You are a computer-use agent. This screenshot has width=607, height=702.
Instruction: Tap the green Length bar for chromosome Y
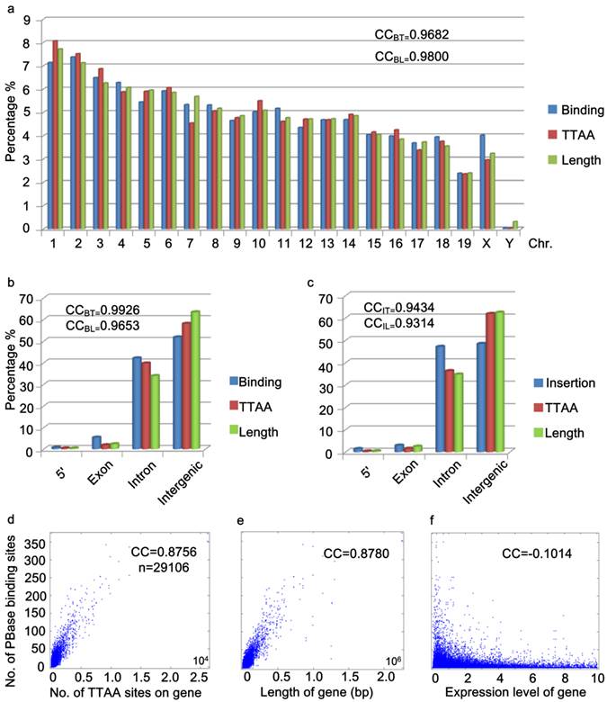tap(514, 225)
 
